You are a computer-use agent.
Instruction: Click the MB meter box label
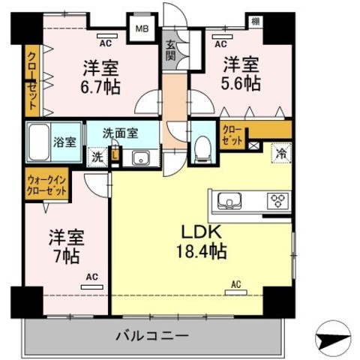[x=141, y=29]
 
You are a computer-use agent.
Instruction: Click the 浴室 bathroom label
[x=63, y=141]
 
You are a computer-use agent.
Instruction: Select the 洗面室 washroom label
[x=121, y=133]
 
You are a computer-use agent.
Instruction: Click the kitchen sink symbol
[x=228, y=201]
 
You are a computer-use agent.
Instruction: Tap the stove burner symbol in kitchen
[x=278, y=201]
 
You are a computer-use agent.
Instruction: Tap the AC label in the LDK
[x=235, y=284]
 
